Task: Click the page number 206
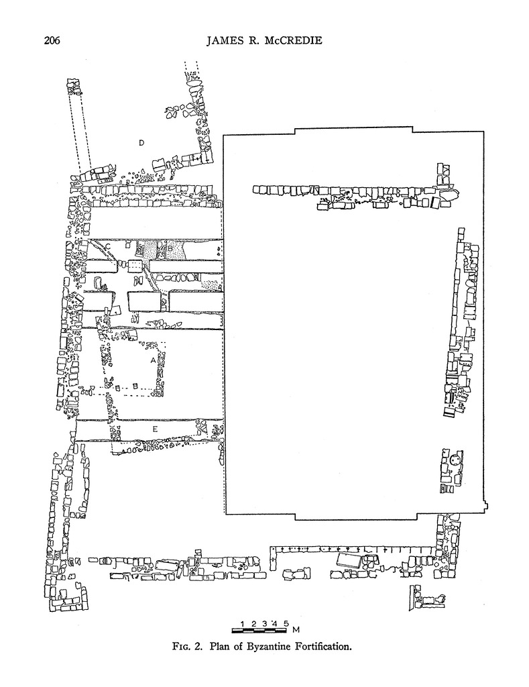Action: [52, 41]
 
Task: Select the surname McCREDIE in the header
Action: [290, 41]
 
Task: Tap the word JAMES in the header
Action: [223, 41]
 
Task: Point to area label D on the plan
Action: [141, 143]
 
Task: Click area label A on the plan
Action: [153, 360]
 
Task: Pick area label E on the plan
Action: [155, 429]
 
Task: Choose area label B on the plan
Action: [170, 248]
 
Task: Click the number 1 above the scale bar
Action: [242, 623]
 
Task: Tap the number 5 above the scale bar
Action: [286, 623]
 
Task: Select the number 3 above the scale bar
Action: [264, 623]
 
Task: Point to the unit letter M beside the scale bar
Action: [296, 631]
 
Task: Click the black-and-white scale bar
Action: [259, 631]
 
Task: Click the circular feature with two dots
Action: [456, 460]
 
